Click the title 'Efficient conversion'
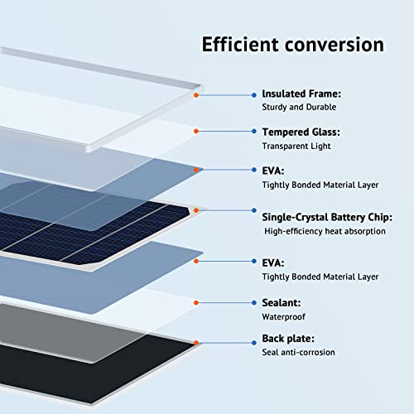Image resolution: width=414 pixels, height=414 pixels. coord(292,44)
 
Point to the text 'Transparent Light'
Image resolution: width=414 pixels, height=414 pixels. coord(296,146)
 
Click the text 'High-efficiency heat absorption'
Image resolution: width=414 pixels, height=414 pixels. coord(325,231)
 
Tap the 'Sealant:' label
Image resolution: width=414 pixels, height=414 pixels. coord(282,304)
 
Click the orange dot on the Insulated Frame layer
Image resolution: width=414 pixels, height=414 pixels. coord(196,95)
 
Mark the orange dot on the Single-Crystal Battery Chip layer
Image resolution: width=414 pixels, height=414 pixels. coord(196,213)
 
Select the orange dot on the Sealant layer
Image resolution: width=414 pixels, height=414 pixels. coord(196,304)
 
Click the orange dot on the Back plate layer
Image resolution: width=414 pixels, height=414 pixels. coord(196,341)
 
